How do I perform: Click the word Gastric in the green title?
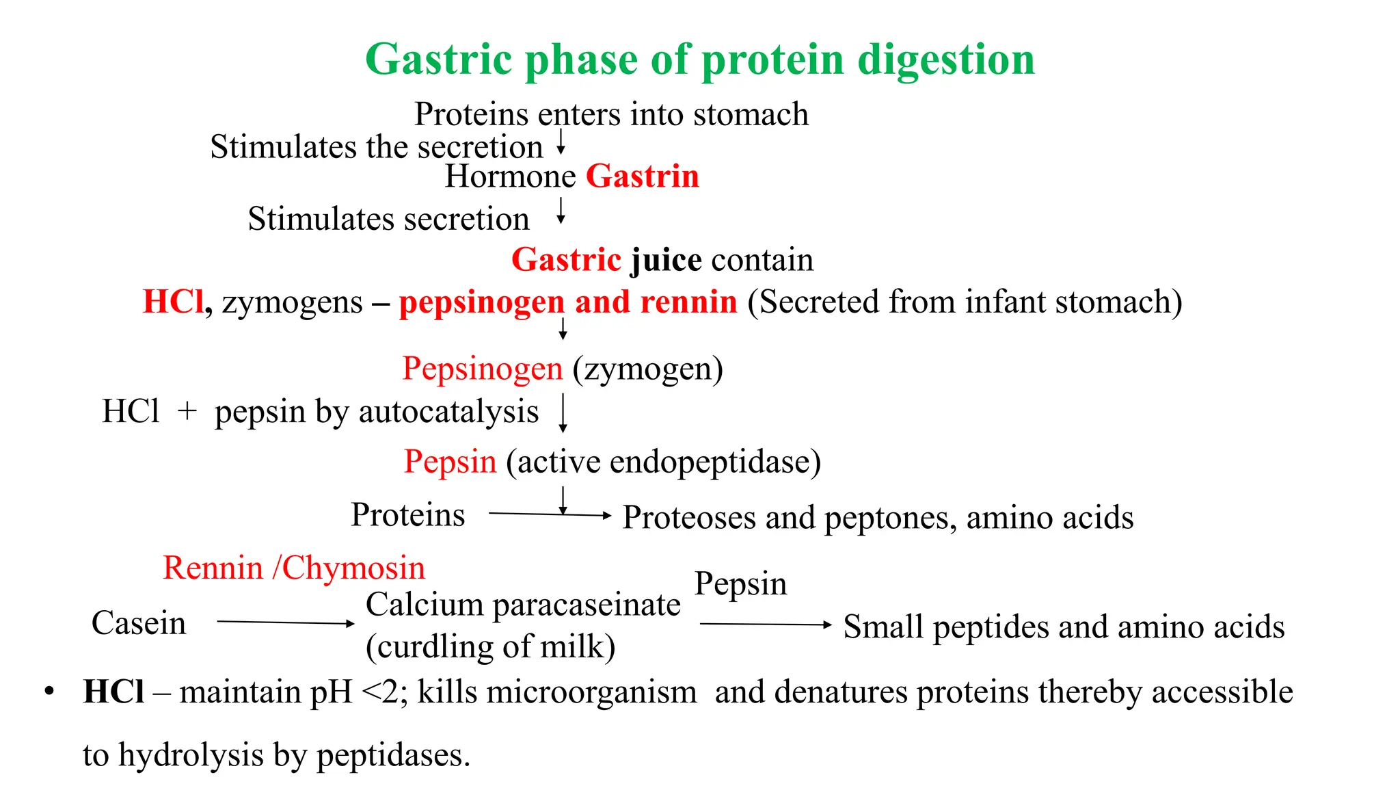438,60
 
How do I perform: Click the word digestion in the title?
946,60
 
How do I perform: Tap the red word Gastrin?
643,176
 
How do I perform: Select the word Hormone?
511,176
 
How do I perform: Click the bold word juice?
666,260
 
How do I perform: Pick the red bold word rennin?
690,302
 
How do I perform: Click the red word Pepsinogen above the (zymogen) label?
483,369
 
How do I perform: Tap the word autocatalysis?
448,412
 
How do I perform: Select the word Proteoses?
689,518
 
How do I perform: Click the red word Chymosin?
353,568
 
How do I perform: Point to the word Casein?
139,623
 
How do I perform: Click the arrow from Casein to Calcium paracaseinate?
285,622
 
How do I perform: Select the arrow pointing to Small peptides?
766,624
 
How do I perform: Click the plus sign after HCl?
187,412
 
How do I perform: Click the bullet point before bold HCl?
49,692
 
